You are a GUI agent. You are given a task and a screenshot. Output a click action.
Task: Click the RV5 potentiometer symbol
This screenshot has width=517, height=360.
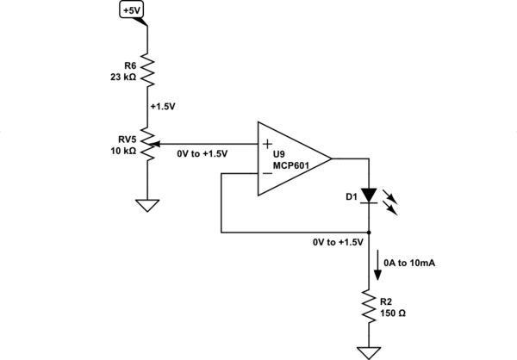(148, 144)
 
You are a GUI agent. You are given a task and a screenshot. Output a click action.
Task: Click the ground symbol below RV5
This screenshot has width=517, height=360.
(148, 207)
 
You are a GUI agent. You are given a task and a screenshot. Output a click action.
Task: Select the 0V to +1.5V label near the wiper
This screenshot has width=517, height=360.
(202, 153)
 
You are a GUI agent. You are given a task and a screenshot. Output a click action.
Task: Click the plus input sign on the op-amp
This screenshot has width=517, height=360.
(267, 144)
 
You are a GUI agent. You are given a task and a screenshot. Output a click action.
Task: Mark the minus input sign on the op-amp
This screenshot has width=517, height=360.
(267, 173)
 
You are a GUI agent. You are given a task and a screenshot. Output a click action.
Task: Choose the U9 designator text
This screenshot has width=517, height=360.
(281, 153)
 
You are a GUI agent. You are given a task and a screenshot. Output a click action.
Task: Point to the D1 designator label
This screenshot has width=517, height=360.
(350, 198)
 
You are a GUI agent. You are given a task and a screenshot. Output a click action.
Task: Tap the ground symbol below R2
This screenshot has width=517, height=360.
(370, 351)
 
